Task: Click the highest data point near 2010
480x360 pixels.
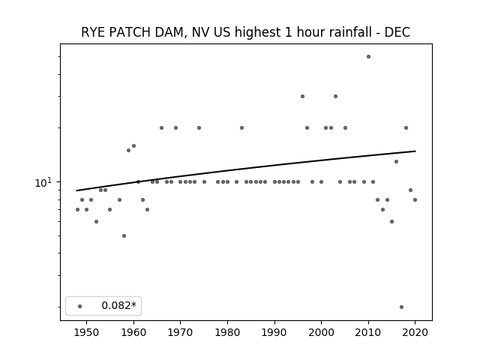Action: tap(368, 57)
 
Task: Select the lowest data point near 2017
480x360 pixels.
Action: tap(402, 307)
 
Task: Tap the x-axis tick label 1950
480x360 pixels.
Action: tap(87, 332)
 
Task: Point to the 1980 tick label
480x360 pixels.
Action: tap(227, 332)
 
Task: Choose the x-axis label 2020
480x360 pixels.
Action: tap(415, 332)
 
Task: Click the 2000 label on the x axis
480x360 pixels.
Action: tap(321, 332)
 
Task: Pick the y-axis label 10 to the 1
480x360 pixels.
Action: tap(43, 182)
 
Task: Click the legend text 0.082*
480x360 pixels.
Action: tap(118, 305)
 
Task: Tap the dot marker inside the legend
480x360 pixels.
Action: tap(80, 306)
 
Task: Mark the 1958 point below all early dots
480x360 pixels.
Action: tap(124, 235)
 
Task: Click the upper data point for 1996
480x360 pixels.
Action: tap(302, 97)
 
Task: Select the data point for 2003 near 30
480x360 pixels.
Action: tap(335, 97)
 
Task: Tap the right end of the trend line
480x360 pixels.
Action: tap(415, 151)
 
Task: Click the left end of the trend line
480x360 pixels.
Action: tap(76, 190)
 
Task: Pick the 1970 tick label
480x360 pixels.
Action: tap(180, 332)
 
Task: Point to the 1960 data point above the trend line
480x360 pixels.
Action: tap(133, 146)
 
